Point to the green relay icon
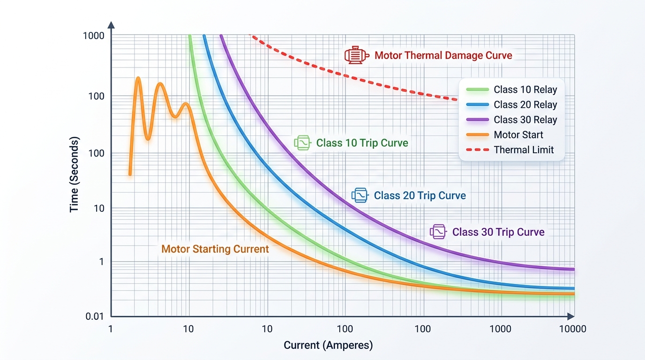pyautogui.click(x=302, y=142)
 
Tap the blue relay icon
pyautogui.click(x=360, y=195)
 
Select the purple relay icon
pyautogui.click(x=438, y=232)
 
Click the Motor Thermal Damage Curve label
pyautogui.click(x=443, y=55)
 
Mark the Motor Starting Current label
pyautogui.click(x=215, y=249)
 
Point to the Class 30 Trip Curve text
pyautogui.click(x=498, y=232)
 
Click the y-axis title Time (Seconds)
pyautogui.click(x=74, y=174)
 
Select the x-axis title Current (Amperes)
pyautogui.click(x=328, y=345)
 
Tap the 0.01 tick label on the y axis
pyautogui.click(x=95, y=316)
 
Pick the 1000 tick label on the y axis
pyautogui.click(x=94, y=36)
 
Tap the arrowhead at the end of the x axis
pyautogui.click(x=570, y=316)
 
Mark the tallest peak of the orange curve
pyautogui.click(x=138, y=78)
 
